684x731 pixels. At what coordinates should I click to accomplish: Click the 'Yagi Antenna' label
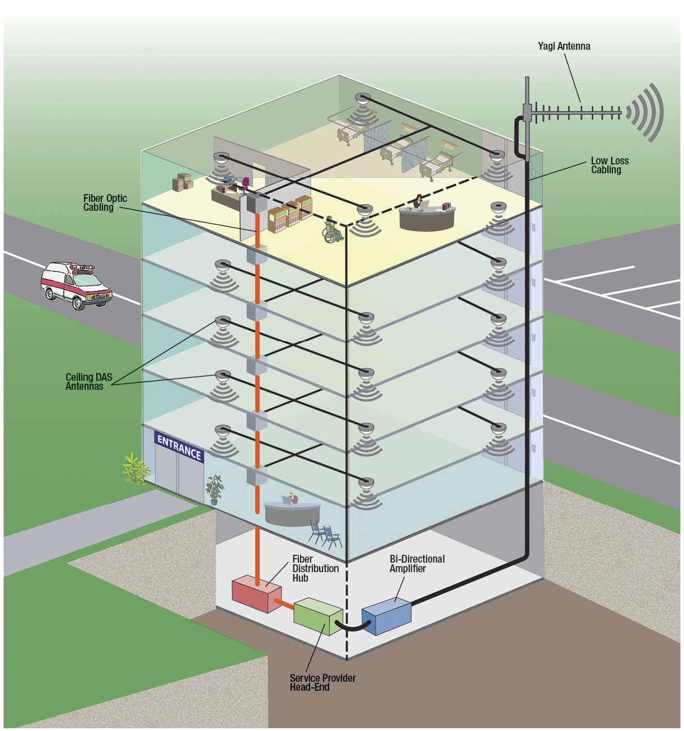(x=564, y=46)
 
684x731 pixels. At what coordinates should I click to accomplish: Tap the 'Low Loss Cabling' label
(x=609, y=165)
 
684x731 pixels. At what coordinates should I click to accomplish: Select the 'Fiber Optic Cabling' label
(x=105, y=202)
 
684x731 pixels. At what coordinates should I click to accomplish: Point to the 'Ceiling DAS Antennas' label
(x=88, y=381)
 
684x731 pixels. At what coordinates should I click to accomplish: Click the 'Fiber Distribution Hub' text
(x=315, y=568)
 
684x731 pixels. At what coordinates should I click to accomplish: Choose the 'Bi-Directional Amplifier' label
(x=417, y=563)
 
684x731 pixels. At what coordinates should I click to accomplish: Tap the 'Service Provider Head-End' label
(x=322, y=682)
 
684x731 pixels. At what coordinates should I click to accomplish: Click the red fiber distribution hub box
(x=256, y=593)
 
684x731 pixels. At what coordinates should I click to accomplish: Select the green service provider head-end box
(x=317, y=616)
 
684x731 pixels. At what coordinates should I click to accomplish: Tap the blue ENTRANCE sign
(x=179, y=447)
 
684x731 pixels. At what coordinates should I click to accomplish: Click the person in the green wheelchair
(x=332, y=229)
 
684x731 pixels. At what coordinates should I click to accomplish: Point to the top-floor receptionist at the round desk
(x=418, y=201)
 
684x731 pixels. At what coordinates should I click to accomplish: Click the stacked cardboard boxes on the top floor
(x=182, y=181)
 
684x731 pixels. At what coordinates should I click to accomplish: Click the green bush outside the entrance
(x=135, y=468)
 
